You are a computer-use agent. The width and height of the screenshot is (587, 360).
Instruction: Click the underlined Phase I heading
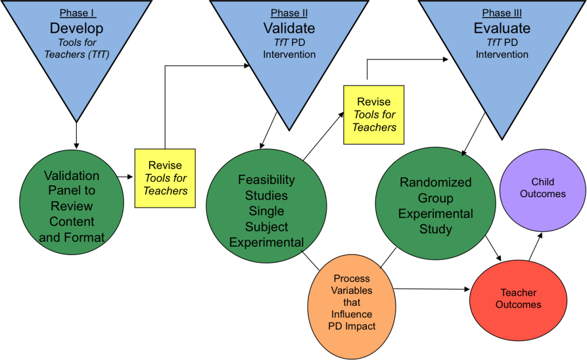77,13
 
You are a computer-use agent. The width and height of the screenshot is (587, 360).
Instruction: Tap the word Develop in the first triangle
77,28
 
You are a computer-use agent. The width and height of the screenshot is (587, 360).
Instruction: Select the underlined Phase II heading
289,13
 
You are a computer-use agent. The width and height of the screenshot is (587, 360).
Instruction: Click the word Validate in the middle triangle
289,28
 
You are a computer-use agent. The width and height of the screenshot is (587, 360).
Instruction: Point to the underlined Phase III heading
502,13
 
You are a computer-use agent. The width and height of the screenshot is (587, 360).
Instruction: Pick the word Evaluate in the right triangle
502,28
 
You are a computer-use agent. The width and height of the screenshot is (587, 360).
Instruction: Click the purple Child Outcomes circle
542,187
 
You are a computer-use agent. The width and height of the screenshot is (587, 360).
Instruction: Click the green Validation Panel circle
72,206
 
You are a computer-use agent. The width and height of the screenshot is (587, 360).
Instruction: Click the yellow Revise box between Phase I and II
165,178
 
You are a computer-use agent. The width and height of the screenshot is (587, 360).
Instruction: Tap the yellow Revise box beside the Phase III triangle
374,115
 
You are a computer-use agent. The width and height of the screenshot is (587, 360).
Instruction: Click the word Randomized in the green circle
435,182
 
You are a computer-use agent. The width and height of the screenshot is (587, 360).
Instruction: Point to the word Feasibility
266,180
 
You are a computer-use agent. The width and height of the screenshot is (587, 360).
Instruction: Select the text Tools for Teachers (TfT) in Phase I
77,49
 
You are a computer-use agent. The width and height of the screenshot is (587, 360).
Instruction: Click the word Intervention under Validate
289,55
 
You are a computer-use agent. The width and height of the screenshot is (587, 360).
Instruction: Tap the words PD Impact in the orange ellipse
352,326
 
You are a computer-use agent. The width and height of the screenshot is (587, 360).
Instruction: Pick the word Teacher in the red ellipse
518,292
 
